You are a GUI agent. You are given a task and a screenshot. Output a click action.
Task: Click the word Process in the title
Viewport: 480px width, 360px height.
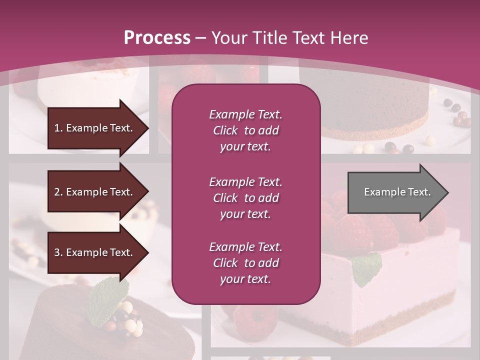[157, 38]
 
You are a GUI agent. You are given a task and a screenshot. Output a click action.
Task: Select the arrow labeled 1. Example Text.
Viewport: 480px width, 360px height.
[95, 128]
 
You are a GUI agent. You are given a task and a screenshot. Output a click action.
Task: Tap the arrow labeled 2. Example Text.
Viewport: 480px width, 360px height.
[95, 192]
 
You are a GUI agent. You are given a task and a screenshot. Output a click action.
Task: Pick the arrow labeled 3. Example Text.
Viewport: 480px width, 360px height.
[95, 252]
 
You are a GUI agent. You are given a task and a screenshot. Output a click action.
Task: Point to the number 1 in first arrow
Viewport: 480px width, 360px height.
[57, 128]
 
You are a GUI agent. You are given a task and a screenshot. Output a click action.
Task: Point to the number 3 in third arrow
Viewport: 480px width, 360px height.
[57, 252]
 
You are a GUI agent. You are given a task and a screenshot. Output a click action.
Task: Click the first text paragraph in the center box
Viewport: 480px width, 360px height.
[245, 130]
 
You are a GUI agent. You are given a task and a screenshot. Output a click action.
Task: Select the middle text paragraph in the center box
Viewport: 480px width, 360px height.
[245, 198]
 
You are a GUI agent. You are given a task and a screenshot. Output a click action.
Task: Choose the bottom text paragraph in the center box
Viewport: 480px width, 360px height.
[245, 263]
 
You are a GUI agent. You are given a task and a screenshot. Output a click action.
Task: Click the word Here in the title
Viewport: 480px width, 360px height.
[349, 38]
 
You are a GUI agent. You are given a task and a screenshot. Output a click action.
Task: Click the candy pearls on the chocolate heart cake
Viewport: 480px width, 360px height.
[125, 320]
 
